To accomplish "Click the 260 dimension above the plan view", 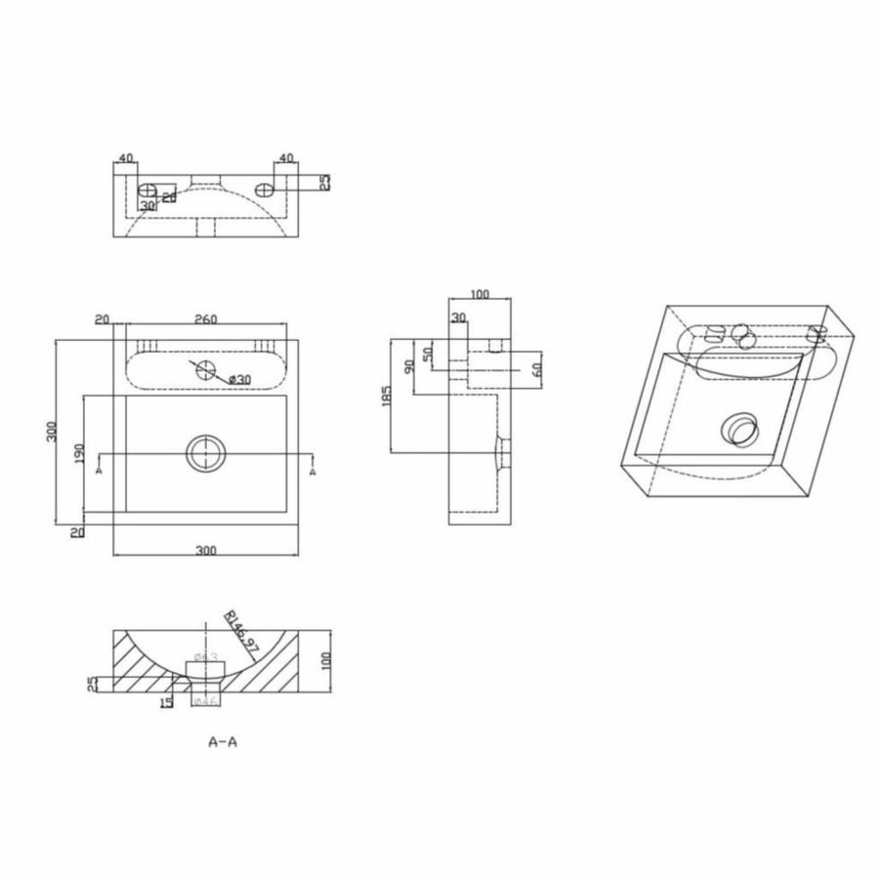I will [x=206, y=318].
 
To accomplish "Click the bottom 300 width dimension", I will [x=205, y=551].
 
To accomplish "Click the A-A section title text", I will [x=224, y=741].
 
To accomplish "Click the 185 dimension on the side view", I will [x=389, y=396].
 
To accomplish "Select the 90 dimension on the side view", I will [x=409, y=366].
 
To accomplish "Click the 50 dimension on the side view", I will [x=427, y=352].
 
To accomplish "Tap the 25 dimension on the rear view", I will [x=326, y=182].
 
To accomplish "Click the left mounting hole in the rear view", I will [x=146, y=188].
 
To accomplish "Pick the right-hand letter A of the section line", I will [x=313, y=471].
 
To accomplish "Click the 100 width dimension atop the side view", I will [x=479, y=293].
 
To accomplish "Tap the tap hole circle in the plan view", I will [x=204, y=369].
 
